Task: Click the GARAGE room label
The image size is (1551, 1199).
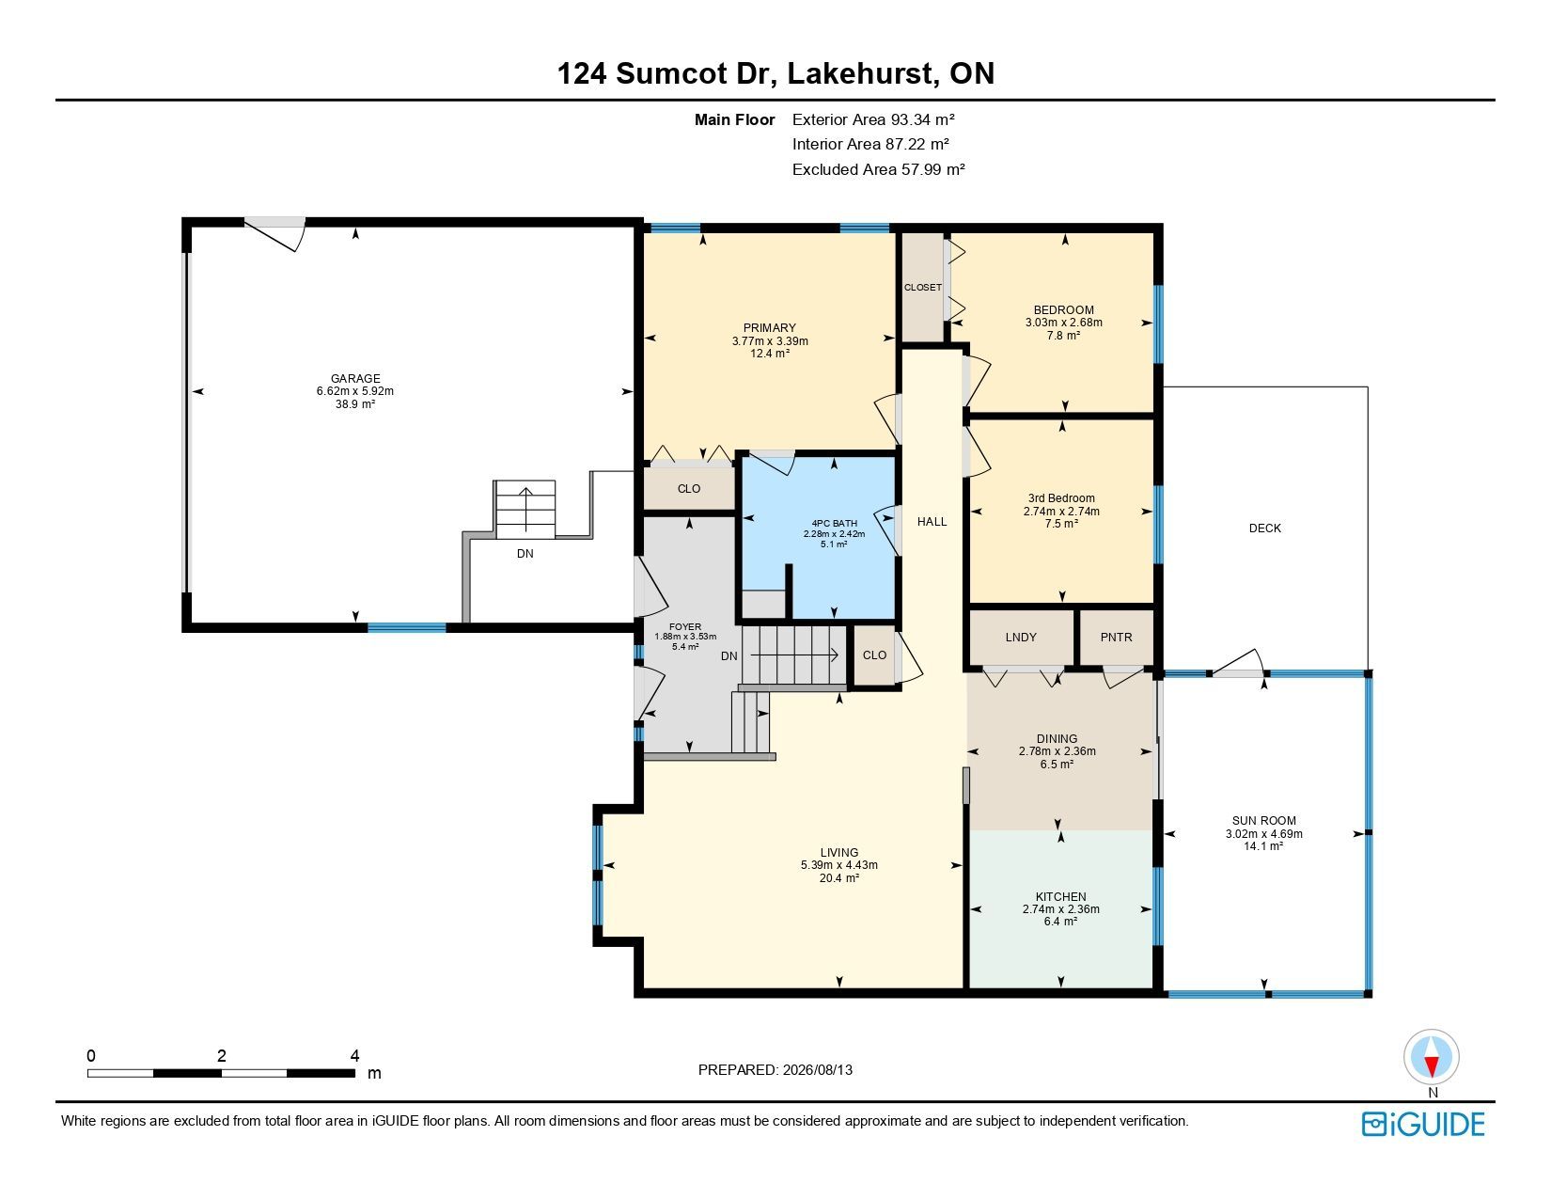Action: tap(354, 378)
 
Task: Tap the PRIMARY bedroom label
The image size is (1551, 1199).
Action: tap(770, 328)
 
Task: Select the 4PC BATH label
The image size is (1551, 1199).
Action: tap(835, 524)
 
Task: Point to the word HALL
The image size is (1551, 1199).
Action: tap(932, 522)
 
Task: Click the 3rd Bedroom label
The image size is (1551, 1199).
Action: tap(1061, 498)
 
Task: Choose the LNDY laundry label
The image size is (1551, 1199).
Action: tap(1021, 637)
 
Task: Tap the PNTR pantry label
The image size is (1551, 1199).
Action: tap(1117, 637)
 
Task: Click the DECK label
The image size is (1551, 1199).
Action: tap(1265, 529)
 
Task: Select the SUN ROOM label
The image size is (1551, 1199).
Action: tap(1264, 821)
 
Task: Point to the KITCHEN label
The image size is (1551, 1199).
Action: tap(1060, 897)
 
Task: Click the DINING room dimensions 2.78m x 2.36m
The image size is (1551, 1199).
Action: tap(1057, 751)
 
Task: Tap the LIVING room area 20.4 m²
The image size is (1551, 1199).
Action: tap(839, 878)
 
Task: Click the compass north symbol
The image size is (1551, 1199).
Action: tap(1431, 1057)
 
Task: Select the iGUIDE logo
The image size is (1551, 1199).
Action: tap(1423, 1124)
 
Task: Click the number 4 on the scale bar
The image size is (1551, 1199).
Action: tap(354, 1055)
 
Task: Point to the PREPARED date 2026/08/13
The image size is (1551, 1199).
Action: tap(818, 1070)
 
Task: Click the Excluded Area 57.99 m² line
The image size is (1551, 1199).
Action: tap(879, 169)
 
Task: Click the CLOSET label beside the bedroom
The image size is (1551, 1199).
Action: tap(923, 287)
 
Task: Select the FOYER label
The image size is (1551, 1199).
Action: tap(685, 627)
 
